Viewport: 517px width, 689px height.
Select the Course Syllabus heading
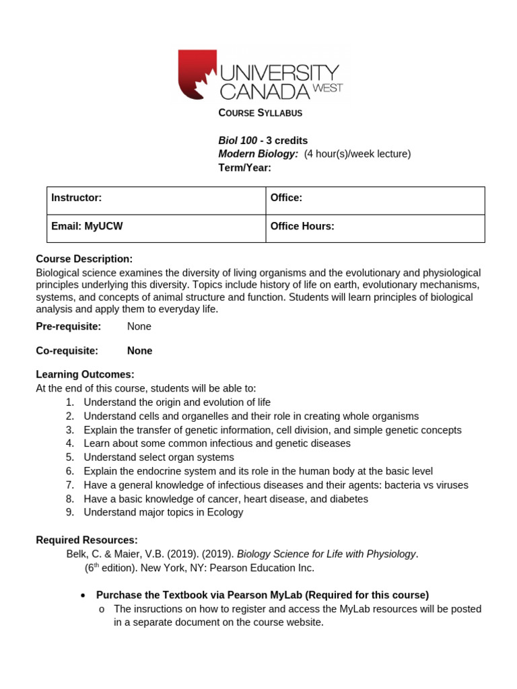point(260,113)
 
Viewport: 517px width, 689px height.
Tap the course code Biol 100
point(238,141)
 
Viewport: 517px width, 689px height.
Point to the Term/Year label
point(244,168)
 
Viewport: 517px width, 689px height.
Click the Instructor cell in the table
point(156,201)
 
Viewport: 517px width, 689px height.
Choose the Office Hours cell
point(375,229)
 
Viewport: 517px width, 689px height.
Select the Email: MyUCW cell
point(156,229)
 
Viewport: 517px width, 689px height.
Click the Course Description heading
point(84,259)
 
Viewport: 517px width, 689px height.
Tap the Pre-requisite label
point(68,326)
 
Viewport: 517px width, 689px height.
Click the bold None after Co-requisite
point(139,351)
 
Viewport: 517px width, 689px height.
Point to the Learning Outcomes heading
point(85,374)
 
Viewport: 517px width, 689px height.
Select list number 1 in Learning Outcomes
point(70,402)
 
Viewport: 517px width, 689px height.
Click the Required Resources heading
point(86,540)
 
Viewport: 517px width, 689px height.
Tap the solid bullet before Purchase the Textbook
point(82,595)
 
